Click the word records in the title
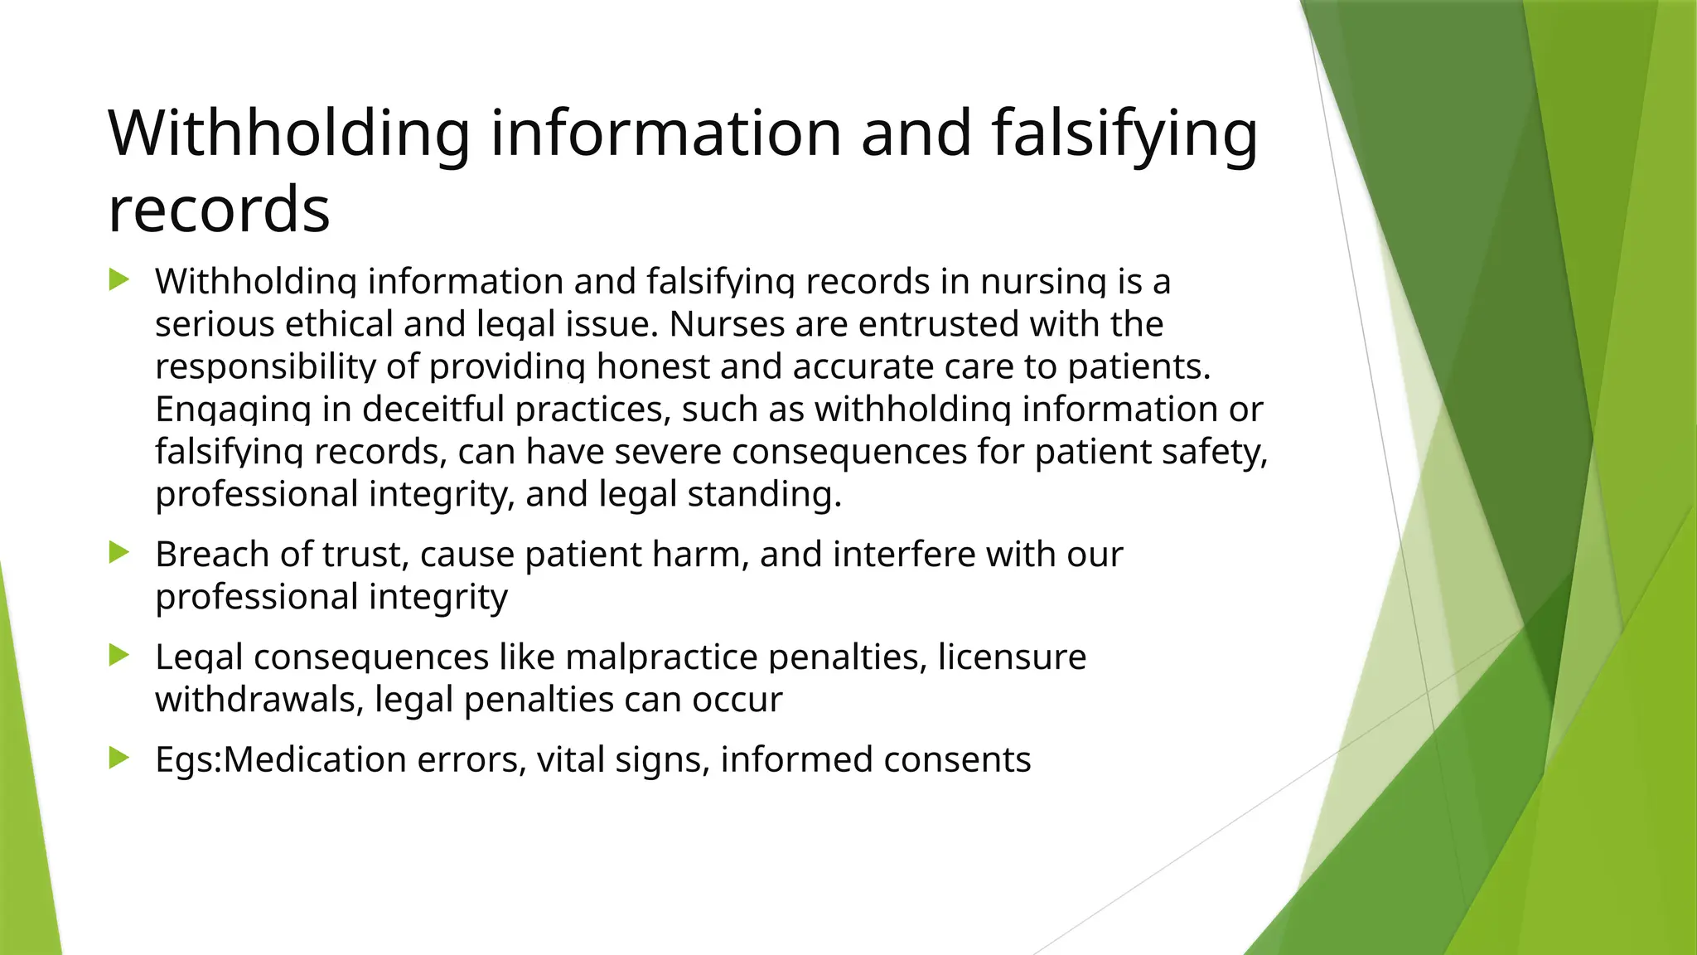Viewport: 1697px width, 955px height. click(x=219, y=209)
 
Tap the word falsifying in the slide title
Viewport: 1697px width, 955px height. click(x=1124, y=134)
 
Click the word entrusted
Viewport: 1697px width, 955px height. click(x=938, y=324)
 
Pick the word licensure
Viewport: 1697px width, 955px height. click(x=1012, y=657)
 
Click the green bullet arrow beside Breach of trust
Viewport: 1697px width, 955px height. click(x=119, y=553)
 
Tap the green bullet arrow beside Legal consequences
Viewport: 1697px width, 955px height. click(x=119, y=656)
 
